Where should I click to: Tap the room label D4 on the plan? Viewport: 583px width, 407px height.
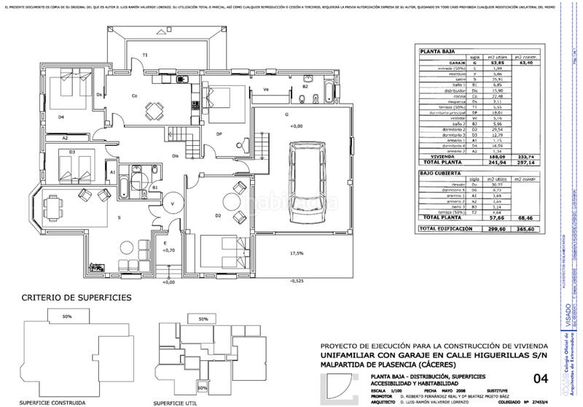60,116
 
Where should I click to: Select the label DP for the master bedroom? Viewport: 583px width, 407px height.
219,134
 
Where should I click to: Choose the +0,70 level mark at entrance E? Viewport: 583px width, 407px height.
167,250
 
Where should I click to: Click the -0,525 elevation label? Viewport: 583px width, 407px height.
297,280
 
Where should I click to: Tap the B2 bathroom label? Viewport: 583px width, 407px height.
305,87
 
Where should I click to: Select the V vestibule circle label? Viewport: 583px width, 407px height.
173,204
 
